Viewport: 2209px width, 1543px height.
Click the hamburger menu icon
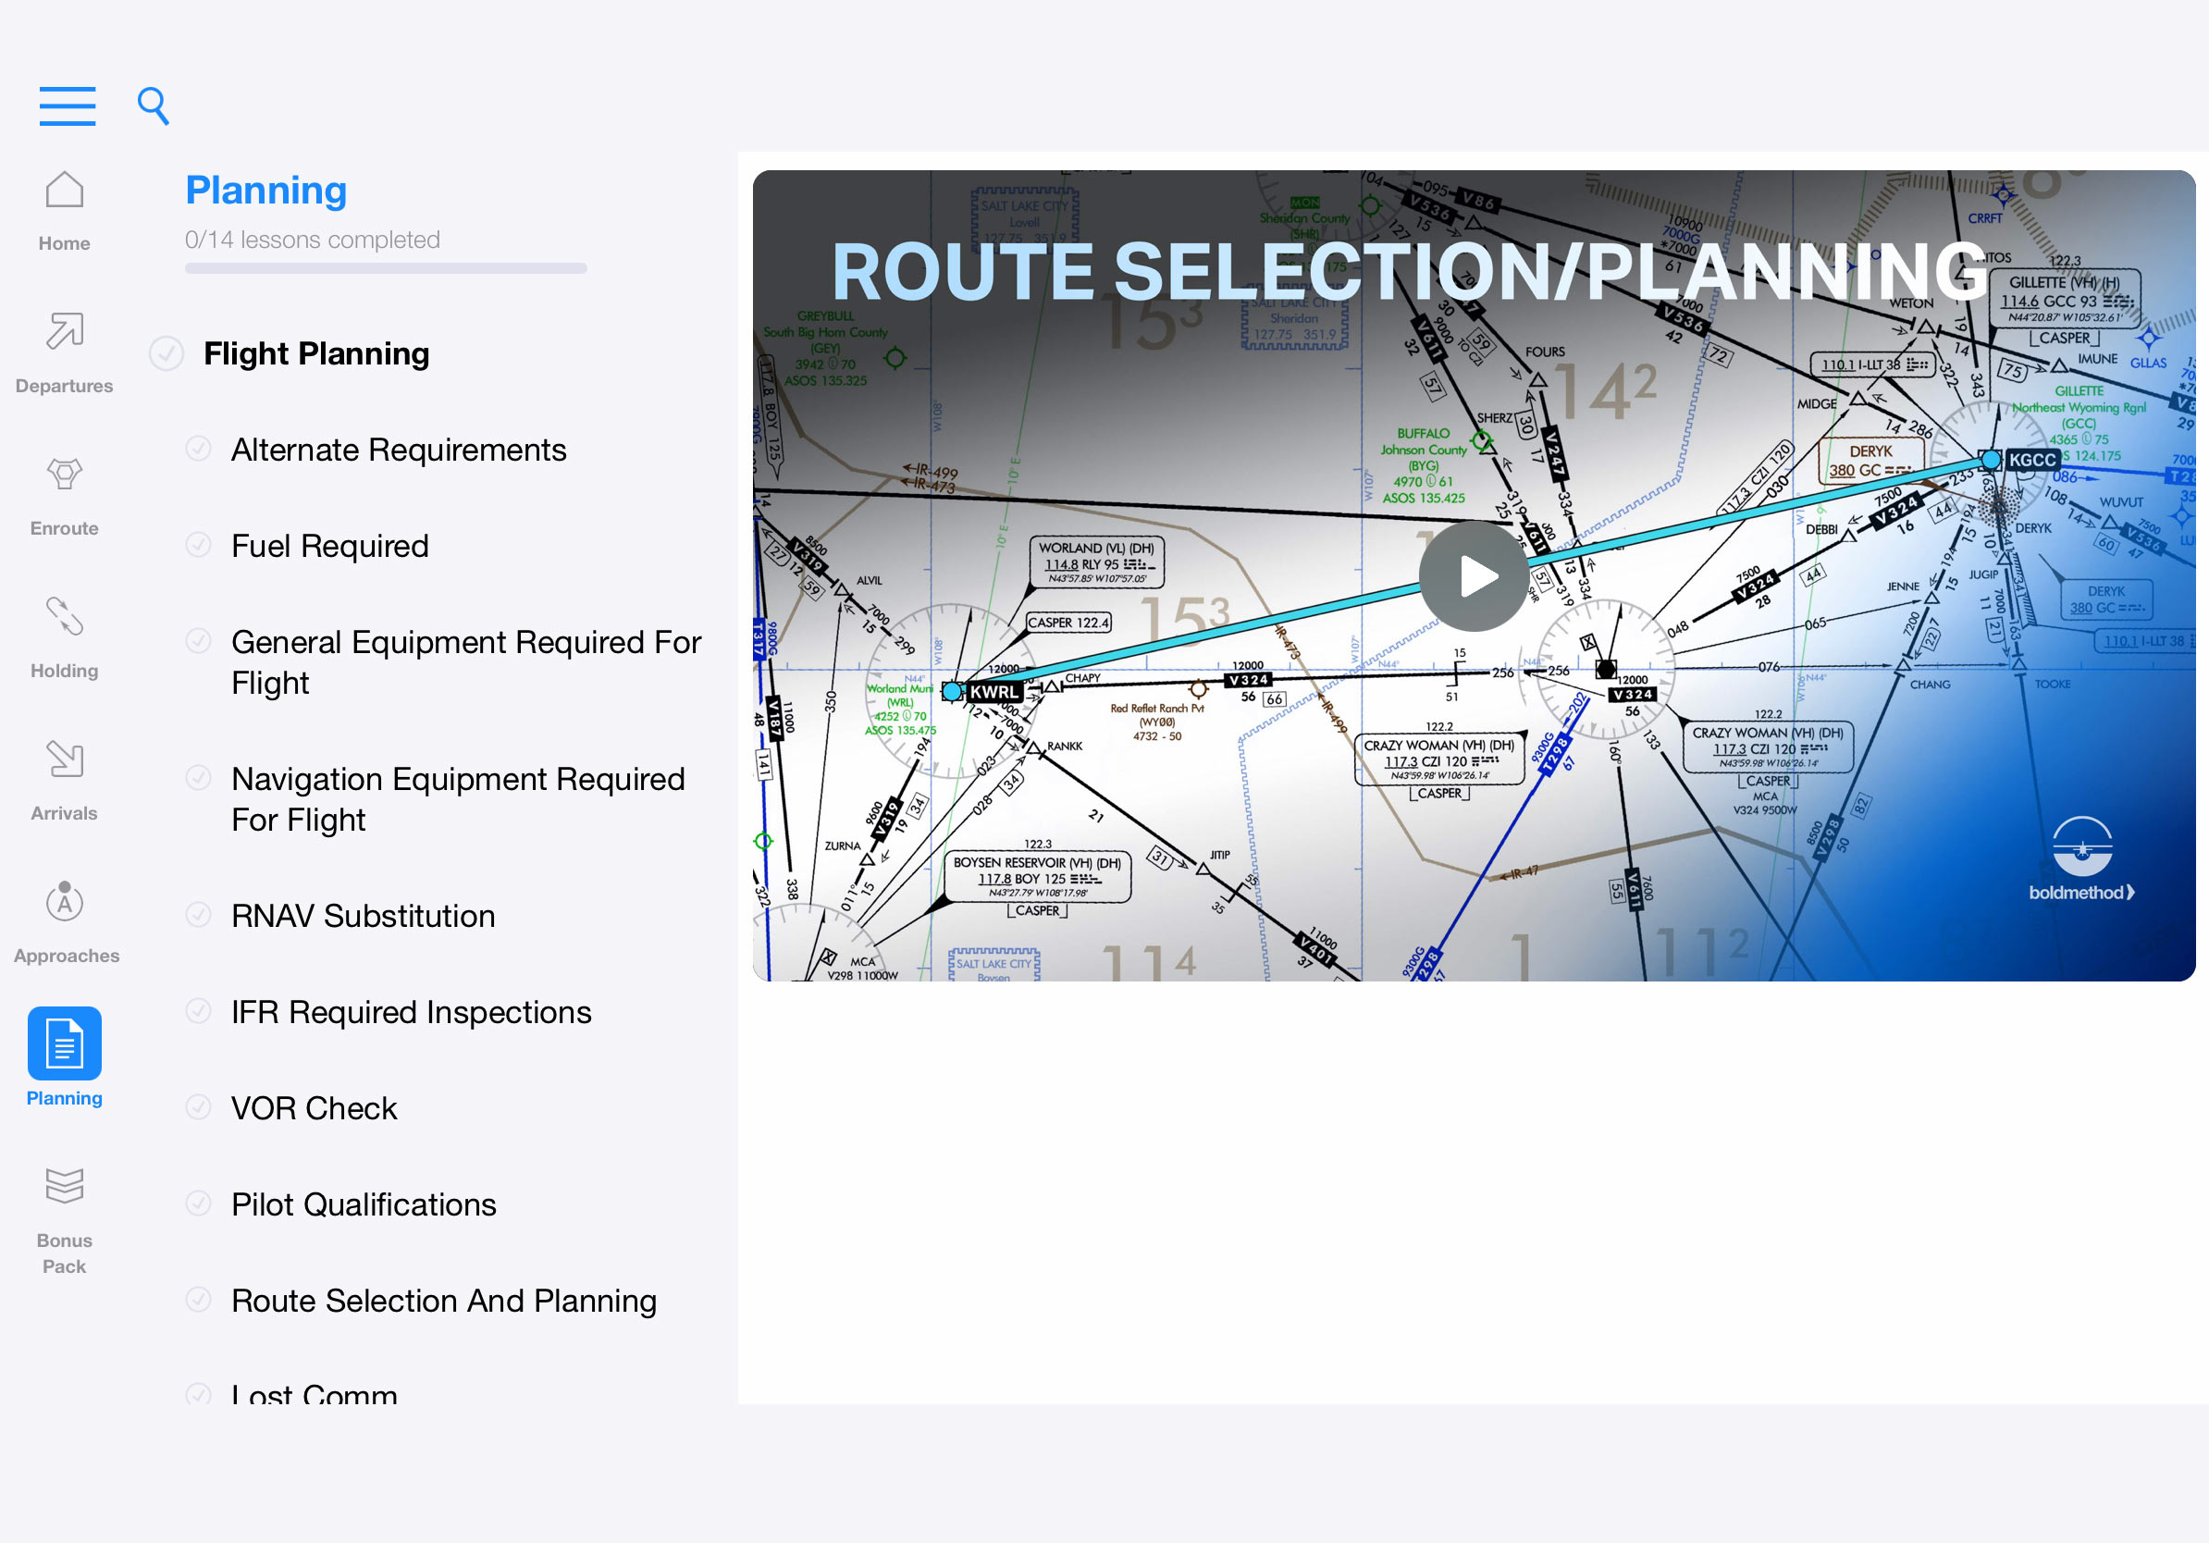[x=68, y=105]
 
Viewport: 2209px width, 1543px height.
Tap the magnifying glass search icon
[x=153, y=105]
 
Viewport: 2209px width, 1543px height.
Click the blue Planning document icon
[x=65, y=1043]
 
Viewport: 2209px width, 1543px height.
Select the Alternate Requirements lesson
[x=399, y=450]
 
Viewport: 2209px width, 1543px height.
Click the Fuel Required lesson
[x=330, y=546]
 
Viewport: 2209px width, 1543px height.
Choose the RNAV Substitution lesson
[x=363, y=916]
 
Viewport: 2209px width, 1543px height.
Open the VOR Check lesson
[x=314, y=1108]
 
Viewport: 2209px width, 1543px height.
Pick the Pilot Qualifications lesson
[x=364, y=1204]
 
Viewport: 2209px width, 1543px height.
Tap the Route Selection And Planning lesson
[x=443, y=1301]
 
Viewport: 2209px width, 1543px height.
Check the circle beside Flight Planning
[x=167, y=354]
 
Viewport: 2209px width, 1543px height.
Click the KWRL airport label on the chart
[x=993, y=692]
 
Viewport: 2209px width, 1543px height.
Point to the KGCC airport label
[x=2032, y=460]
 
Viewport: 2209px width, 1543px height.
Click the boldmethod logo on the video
[x=2082, y=859]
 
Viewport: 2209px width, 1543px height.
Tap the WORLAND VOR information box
[x=1096, y=562]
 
